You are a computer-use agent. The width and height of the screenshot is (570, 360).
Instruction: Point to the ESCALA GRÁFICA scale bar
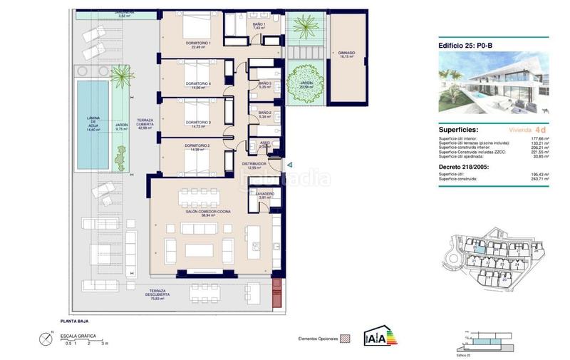85,338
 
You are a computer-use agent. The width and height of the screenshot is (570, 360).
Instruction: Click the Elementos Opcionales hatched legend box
347,339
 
